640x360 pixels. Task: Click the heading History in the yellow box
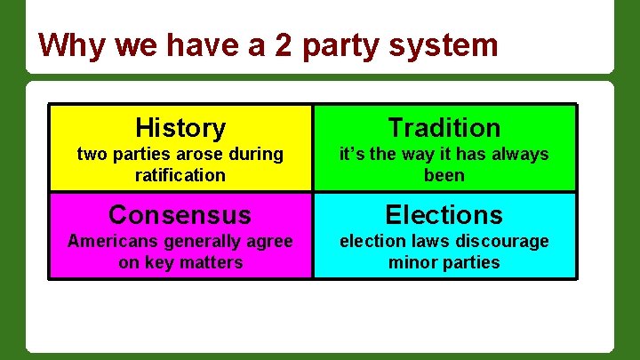(x=180, y=128)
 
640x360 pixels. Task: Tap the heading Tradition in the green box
(x=444, y=128)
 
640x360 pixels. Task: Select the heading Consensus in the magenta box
(x=180, y=215)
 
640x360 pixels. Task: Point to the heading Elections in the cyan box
(x=444, y=215)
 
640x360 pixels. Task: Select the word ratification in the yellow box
(x=180, y=175)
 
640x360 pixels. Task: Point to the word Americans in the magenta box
(x=108, y=241)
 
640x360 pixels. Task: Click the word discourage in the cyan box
(x=503, y=241)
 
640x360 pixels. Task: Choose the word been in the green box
(x=444, y=175)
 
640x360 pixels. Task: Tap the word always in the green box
(x=518, y=154)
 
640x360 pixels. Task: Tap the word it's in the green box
(x=353, y=154)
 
